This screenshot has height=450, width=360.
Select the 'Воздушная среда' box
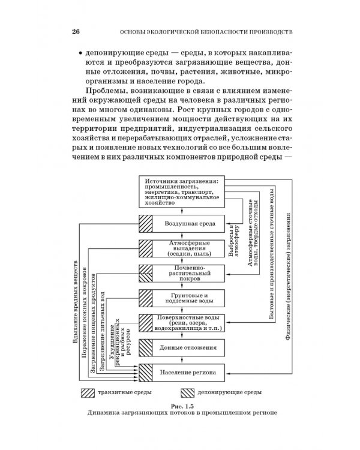pos(187,223)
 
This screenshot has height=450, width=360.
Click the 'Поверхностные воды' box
pos(187,324)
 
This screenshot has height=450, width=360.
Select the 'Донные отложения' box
pos(187,347)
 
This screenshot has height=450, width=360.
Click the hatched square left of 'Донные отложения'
pos(147,347)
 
